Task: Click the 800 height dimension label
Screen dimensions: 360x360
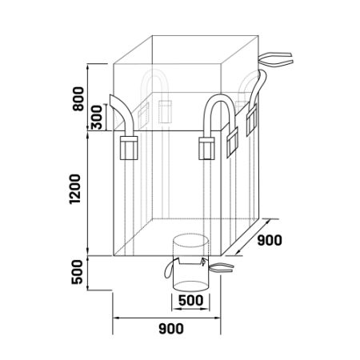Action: (x=78, y=98)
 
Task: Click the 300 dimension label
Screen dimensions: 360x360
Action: (x=97, y=118)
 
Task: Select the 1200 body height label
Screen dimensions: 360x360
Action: (x=74, y=190)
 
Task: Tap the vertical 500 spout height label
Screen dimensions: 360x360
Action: (x=78, y=272)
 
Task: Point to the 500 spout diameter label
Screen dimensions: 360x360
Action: (x=190, y=301)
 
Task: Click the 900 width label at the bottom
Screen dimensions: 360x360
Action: (x=171, y=329)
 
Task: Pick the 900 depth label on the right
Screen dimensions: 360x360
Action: (x=270, y=240)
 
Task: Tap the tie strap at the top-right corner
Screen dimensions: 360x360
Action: (x=276, y=59)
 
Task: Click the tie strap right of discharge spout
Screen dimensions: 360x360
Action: (x=222, y=268)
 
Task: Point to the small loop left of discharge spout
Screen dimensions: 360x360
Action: (x=168, y=270)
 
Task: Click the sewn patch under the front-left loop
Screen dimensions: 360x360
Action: (x=129, y=148)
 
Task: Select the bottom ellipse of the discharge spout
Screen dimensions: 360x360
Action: (x=190, y=290)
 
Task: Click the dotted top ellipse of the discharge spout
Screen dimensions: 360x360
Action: (x=190, y=234)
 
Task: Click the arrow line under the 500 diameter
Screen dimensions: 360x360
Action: (x=190, y=309)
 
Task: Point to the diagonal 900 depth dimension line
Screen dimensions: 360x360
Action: (x=253, y=237)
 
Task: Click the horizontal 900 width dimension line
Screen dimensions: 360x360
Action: (x=166, y=318)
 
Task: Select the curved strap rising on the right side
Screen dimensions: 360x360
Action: (x=258, y=88)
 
